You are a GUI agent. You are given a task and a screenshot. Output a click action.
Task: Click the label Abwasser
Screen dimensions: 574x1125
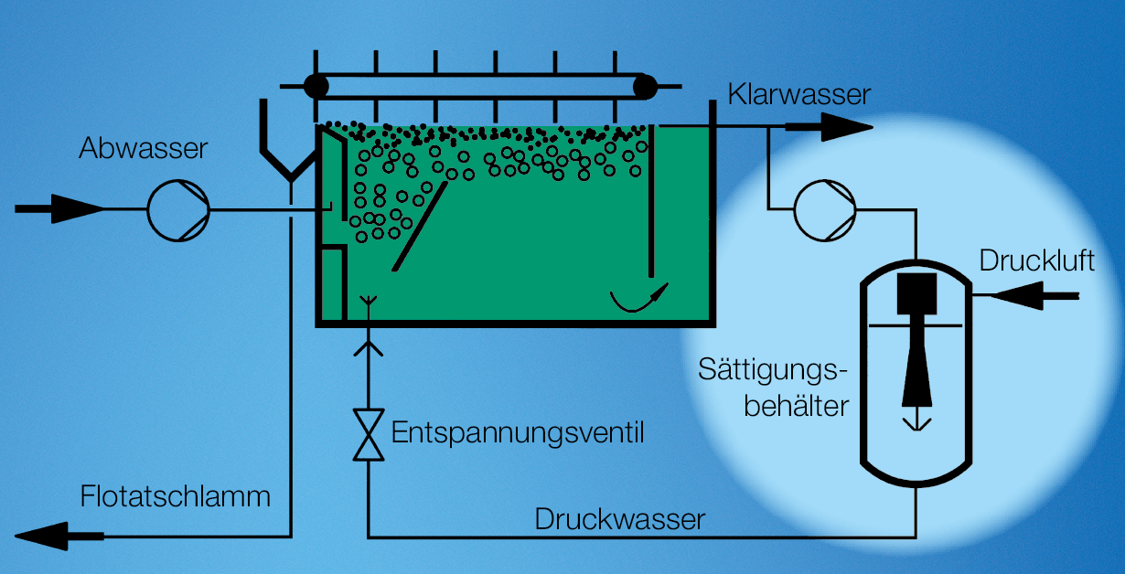144,149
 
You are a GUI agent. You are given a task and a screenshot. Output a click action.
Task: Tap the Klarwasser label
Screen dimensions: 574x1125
799,94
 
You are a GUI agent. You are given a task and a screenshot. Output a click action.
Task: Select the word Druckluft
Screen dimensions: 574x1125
1036,260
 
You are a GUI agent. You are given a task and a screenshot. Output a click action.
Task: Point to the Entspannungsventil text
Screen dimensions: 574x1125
518,432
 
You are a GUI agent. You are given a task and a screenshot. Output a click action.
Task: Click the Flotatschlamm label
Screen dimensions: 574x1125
176,496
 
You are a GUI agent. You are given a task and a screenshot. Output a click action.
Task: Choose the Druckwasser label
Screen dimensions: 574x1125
620,519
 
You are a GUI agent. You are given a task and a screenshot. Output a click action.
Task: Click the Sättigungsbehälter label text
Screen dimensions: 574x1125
774,388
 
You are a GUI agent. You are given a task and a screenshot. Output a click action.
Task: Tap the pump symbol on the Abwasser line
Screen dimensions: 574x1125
178,210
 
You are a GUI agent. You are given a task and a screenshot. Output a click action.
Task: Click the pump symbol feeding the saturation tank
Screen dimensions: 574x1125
823,210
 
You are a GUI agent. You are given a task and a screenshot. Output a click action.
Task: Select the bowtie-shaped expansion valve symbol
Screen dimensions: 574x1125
369,435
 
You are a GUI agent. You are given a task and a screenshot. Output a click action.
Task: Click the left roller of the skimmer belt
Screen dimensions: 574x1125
316,87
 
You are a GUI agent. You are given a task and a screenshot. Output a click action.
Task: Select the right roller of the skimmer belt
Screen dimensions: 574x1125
645,87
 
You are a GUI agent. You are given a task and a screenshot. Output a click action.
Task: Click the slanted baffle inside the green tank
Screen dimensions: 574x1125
420,225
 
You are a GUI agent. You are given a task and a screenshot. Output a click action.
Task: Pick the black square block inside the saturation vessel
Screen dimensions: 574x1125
916,292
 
